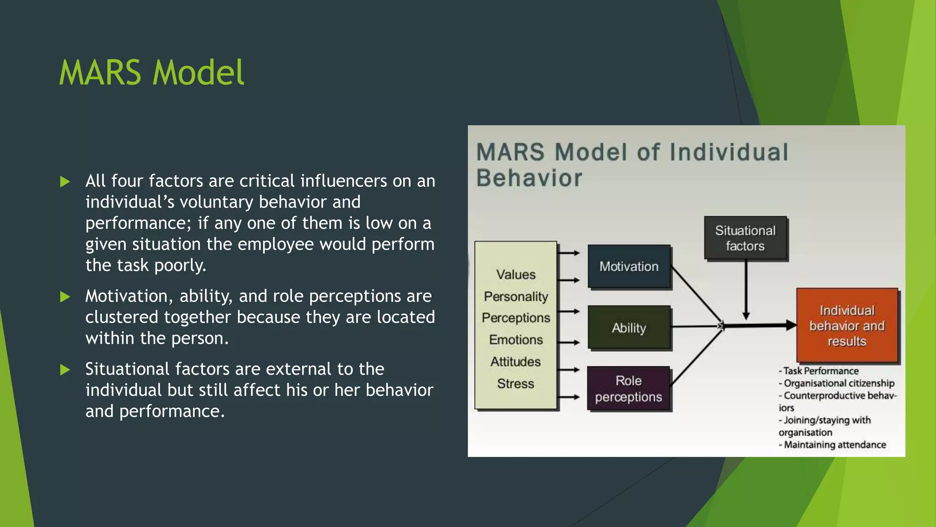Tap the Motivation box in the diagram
(x=629, y=267)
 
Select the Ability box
(x=629, y=328)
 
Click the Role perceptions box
(x=628, y=388)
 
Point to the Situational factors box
(x=745, y=238)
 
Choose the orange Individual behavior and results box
(x=847, y=326)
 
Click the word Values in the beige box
(x=516, y=274)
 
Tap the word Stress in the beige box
(x=516, y=383)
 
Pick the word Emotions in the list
(x=516, y=339)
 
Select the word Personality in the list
(x=516, y=296)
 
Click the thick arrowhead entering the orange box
(x=791, y=325)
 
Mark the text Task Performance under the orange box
(x=821, y=371)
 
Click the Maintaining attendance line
(x=835, y=445)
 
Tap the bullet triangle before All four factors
(x=65, y=182)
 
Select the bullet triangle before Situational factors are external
(x=65, y=370)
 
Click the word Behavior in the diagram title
(x=529, y=178)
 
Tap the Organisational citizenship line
(x=839, y=383)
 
